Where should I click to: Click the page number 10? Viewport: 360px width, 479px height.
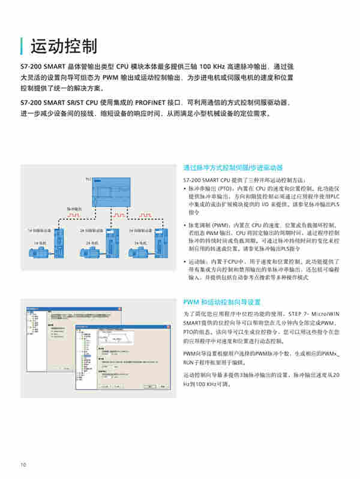click(23, 465)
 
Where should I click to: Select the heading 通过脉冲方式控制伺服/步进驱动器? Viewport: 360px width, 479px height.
click(233, 168)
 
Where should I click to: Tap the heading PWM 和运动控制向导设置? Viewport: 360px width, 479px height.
click(222, 302)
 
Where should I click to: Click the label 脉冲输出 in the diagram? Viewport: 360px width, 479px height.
click(73, 209)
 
